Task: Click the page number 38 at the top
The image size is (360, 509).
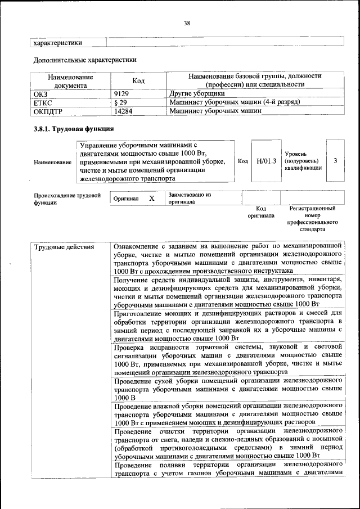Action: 187,23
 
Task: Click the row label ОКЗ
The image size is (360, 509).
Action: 42,93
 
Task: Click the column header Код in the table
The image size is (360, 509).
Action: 138,81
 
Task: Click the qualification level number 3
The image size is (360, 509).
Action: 335,161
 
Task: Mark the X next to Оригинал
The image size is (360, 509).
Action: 151,199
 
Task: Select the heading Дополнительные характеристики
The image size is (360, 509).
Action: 84,59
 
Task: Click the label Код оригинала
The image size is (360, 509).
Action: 260,211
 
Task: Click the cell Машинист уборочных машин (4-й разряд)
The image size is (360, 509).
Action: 234,102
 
